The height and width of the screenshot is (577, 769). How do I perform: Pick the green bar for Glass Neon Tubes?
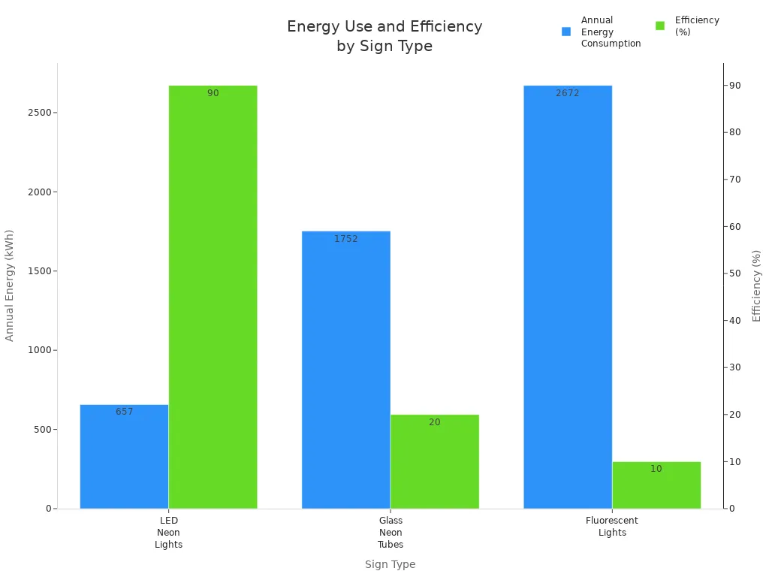434,461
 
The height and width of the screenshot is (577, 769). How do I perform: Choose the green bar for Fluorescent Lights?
656,485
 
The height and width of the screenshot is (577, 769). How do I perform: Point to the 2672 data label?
567,93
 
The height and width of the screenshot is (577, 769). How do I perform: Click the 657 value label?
124,412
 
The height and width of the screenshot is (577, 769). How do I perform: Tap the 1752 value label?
345,239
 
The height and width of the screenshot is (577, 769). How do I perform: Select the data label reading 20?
434,422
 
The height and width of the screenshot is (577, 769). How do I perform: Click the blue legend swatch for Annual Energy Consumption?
566,32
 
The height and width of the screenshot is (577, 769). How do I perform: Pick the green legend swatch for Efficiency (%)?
660,26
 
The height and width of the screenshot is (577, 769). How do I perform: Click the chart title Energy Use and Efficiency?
384,36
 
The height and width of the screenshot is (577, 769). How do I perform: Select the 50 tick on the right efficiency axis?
736,273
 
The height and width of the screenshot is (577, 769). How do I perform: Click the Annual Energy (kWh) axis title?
10,285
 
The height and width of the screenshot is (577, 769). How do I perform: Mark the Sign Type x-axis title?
390,564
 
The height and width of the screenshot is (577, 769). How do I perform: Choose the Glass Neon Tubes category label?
390,533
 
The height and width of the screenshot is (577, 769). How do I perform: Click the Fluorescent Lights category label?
611,527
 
